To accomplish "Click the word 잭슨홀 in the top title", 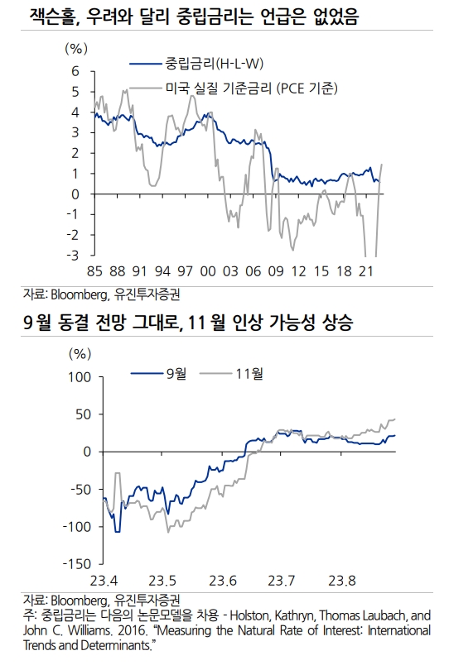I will point(51,17).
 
